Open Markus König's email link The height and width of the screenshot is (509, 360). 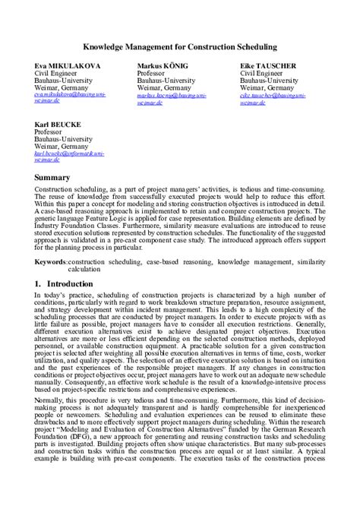point(172,97)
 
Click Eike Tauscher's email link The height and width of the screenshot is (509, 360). point(274,97)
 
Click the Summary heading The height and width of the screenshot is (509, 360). point(52,177)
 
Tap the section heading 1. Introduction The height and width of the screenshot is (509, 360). point(64,283)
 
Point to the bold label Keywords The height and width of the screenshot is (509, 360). point(51,261)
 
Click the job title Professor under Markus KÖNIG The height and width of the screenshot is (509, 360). point(153,74)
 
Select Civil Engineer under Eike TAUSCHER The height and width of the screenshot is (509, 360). point(262,74)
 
